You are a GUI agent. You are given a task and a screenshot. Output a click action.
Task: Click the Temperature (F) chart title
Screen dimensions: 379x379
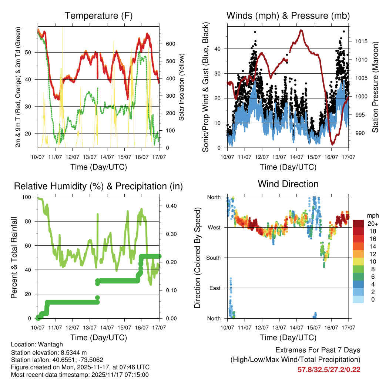98,16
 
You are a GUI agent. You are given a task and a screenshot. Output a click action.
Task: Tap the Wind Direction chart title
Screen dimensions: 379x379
288,184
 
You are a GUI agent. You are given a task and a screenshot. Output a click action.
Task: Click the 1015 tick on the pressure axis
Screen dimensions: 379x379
361,41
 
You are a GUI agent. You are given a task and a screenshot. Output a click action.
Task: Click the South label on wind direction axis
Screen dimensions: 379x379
213,258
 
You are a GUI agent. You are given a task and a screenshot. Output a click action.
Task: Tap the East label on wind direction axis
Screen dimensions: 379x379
215,288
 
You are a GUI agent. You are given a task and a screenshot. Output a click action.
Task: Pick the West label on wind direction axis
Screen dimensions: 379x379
214,227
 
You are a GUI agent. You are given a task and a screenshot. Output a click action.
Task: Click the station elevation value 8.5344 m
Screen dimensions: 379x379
74,352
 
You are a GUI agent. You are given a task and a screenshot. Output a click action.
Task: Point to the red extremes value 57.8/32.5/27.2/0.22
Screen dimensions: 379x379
329,369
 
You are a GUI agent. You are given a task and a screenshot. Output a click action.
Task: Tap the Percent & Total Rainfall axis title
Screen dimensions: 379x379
14,258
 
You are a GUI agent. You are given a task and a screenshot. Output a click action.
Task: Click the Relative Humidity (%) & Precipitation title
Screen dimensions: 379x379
98,186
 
